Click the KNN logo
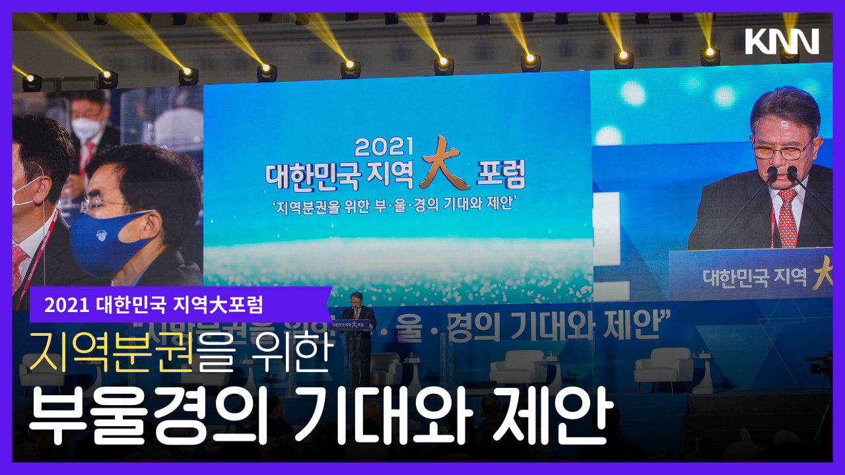tap(782, 42)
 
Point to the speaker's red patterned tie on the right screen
tap(787, 218)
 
